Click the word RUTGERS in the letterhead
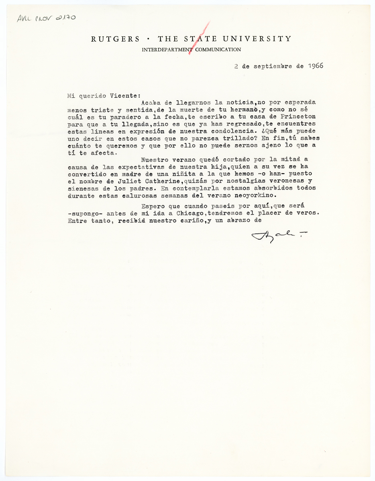point(115,39)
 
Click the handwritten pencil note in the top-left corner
point(45,18)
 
